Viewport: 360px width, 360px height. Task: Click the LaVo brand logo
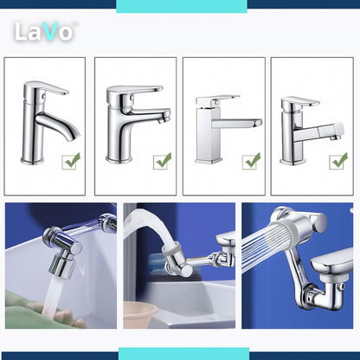click(x=46, y=31)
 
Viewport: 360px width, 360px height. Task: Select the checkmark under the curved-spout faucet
click(x=71, y=161)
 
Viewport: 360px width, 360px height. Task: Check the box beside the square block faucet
click(x=251, y=161)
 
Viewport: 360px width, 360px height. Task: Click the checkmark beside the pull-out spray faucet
click(x=338, y=161)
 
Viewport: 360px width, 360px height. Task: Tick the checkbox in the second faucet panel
click(x=162, y=161)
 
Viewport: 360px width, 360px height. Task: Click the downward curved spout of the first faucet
click(x=59, y=125)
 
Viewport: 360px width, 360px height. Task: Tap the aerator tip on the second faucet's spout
click(x=164, y=119)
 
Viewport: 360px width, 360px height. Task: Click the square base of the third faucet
click(x=209, y=160)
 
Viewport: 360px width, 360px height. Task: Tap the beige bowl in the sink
click(x=140, y=315)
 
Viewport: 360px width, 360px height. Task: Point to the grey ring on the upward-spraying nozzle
click(x=172, y=248)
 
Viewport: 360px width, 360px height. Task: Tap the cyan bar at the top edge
click(x=182, y=6)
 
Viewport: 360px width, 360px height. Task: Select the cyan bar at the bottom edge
click(x=183, y=354)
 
